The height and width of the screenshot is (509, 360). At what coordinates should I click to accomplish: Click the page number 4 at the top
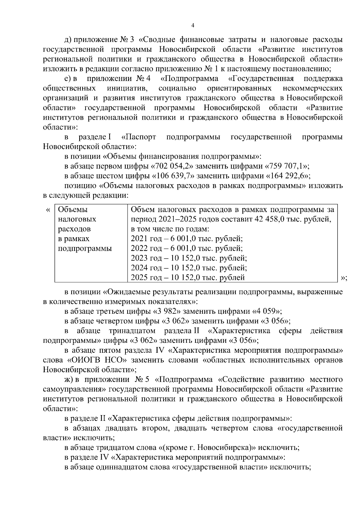coord(193,26)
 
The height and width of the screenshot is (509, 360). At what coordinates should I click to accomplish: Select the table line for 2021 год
coord(187,239)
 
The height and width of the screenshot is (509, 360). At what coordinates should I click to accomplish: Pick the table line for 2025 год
coord(188,277)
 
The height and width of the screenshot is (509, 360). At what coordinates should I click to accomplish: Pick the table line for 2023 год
coord(189,258)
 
